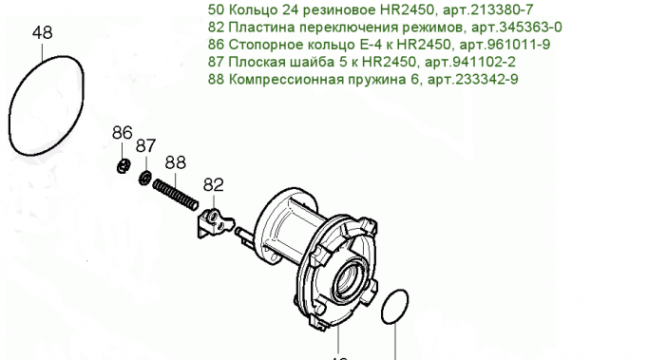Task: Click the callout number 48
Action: coord(43,32)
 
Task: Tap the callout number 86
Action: coord(123,133)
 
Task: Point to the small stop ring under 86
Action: coord(124,165)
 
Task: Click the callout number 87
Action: coord(146,146)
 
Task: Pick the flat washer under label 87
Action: coord(144,178)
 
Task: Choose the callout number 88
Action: coord(175,162)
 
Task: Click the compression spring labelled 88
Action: coord(175,195)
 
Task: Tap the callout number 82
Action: coord(213,185)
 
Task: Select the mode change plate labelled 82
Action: coord(214,223)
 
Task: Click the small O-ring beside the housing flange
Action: coord(383,308)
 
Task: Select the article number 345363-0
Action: coord(530,27)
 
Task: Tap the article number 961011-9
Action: coord(519,45)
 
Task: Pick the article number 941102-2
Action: coord(485,62)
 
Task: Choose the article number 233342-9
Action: coord(486,79)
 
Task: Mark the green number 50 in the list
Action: coord(216,9)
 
